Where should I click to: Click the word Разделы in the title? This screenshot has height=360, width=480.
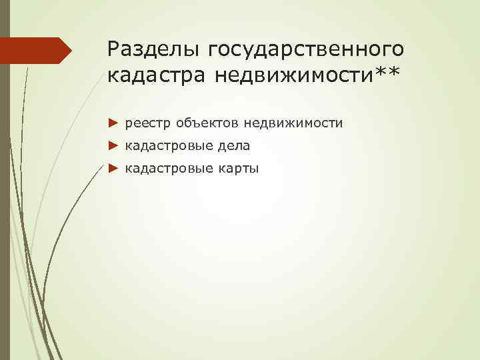[x=154, y=49]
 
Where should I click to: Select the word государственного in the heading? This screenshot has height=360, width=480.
[x=306, y=49]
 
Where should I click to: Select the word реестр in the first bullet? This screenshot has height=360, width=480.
[x=145, y=123]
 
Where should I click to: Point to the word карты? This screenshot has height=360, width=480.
[x=237, y=169]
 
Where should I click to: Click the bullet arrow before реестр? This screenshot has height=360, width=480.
[x=112, y=123]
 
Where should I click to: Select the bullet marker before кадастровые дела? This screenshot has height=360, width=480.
[x=112, y=145]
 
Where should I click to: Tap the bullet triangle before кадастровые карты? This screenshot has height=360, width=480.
[x=112, y=168]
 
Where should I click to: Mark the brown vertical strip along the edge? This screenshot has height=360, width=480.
[x=5, y=200]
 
